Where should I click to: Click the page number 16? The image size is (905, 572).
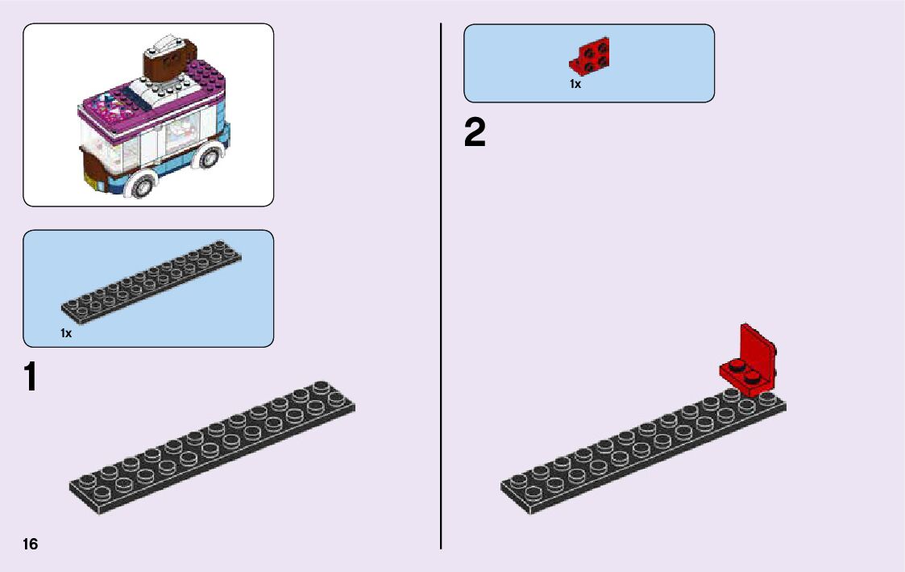[x=31, y=544]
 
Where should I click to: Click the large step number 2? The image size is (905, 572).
[x=475, y=133]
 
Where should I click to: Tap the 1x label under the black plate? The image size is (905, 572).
[x=66, y=333]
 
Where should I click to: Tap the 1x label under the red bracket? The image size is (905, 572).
[x=575, y=84]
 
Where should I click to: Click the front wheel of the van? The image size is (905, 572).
[x=142, y=185]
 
